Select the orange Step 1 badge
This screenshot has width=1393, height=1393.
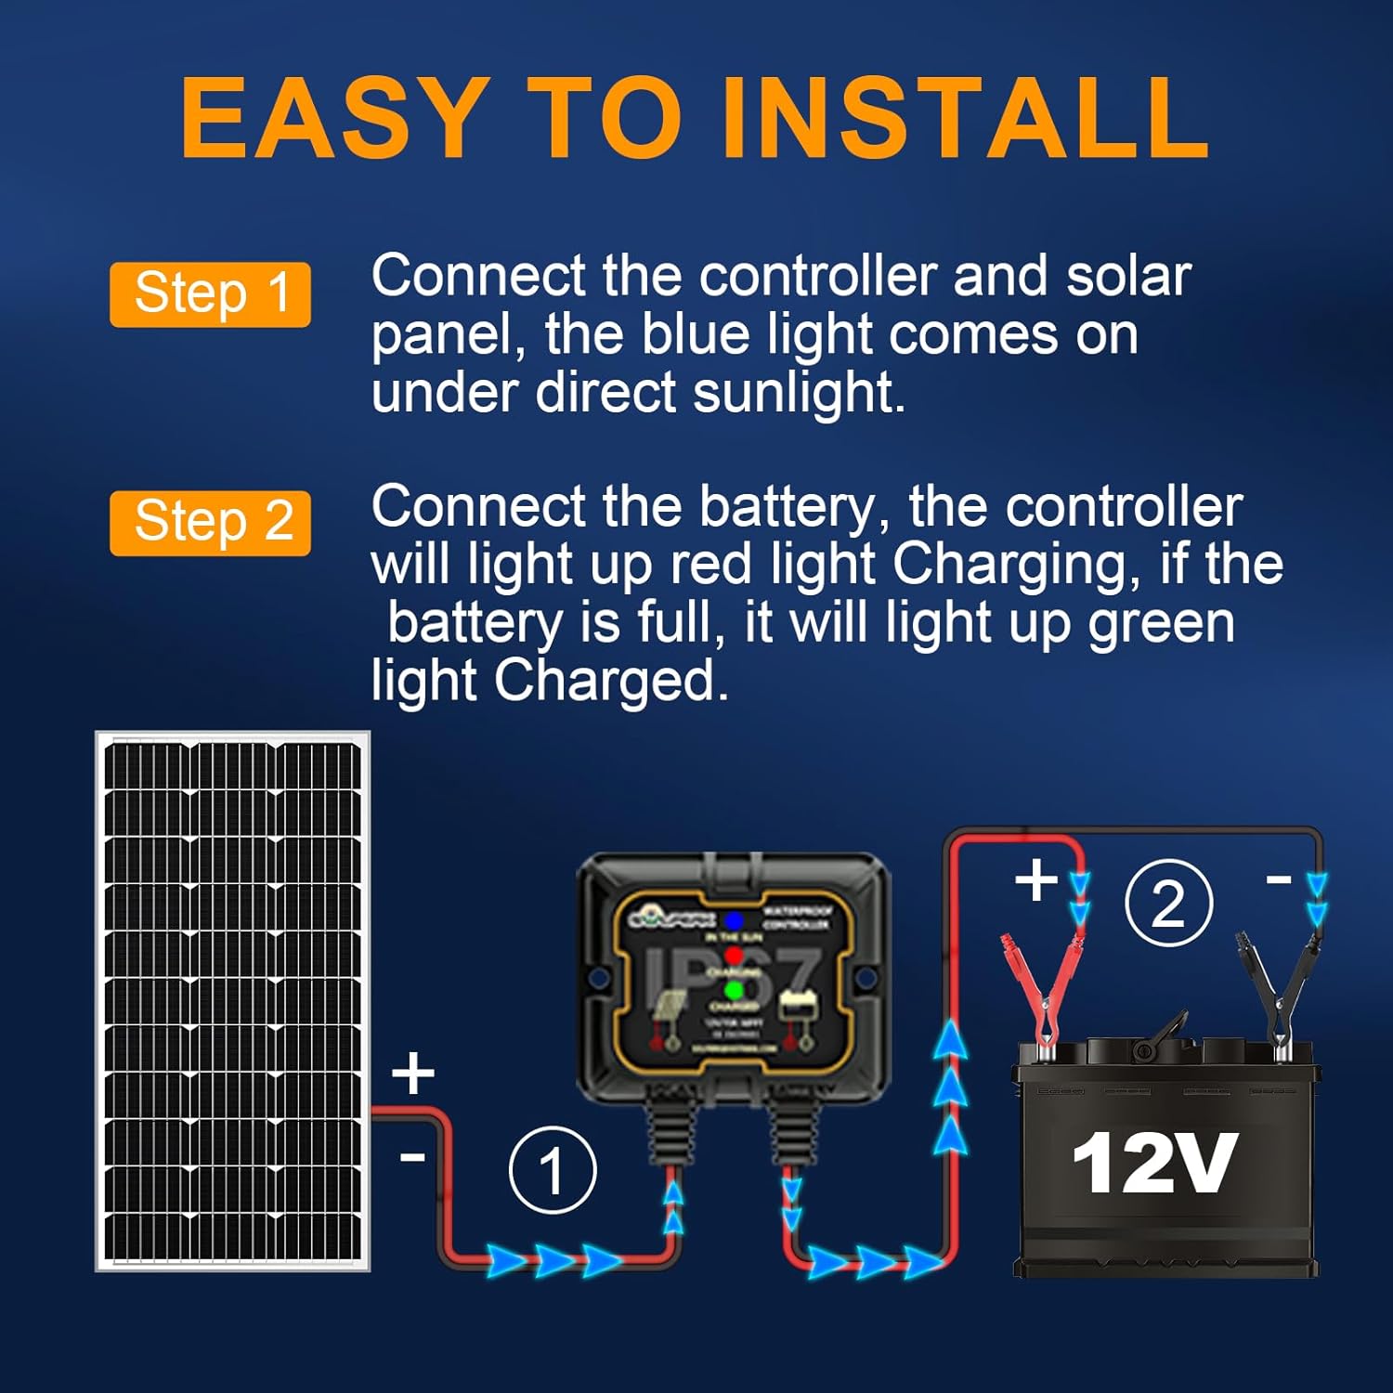point(210,294)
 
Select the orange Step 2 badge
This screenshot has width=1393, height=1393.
point(210,523)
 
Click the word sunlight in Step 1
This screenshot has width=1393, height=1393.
point(798,393)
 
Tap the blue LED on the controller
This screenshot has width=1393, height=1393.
point(734,921)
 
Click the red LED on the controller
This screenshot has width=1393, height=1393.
point(734,956)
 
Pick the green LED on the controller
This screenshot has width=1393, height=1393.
point(734,991)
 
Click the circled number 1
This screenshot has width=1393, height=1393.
point(553,1170)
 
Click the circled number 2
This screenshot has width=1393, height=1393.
point(1168,903)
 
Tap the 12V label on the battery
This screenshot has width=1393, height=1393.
point(1154,1163)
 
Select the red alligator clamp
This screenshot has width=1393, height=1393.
point(1042,994)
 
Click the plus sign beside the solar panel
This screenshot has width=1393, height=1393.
point(413,1074)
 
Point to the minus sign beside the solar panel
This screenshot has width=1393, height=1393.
point(412,1157)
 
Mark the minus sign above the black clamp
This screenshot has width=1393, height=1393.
point(1279,879)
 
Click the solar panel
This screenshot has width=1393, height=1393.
point(232,1000)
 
